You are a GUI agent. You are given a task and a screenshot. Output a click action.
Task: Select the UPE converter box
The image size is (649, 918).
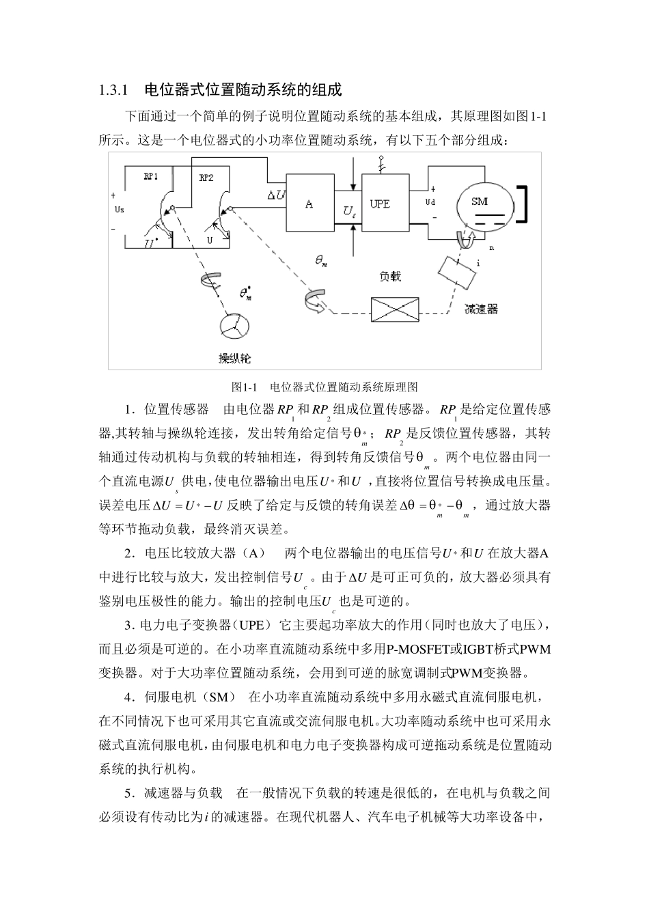[x=380, y=204]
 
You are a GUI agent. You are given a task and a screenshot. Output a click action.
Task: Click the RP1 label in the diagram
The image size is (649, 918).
[x=151, y=176]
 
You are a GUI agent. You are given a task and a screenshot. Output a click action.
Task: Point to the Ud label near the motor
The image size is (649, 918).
[x=430, y=202]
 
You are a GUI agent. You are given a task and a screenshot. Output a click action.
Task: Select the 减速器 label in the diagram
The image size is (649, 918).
[x=481, y=309]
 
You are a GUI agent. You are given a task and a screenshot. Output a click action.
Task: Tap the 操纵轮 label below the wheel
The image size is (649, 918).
[x=235, y=357]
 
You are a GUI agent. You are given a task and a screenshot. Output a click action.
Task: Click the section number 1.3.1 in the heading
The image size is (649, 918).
[x=114, y=89]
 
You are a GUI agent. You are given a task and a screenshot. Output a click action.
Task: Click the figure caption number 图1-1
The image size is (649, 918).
[x=244, y=387]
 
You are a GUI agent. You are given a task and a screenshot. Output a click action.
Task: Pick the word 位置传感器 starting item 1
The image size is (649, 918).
[x=176, y=410]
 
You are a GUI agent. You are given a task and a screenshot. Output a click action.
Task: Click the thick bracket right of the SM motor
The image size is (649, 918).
[x=524, y=204]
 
